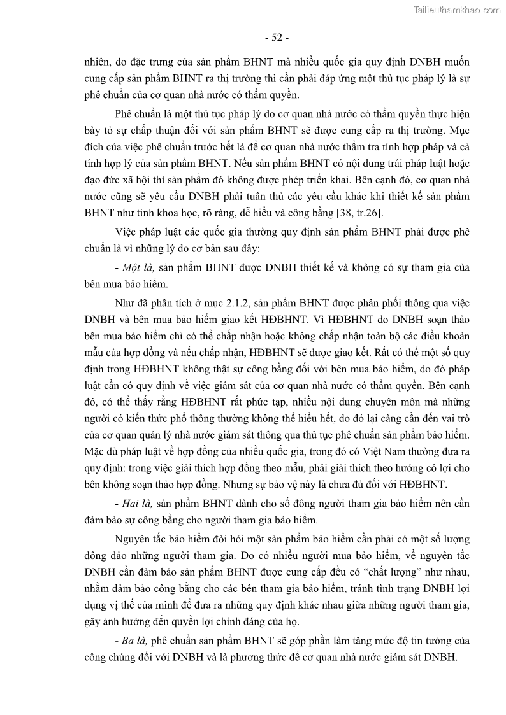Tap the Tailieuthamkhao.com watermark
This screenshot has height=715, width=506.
click(457, 9)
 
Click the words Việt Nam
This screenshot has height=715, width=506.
click(348, 452)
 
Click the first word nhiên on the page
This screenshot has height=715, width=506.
click(98, 62)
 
